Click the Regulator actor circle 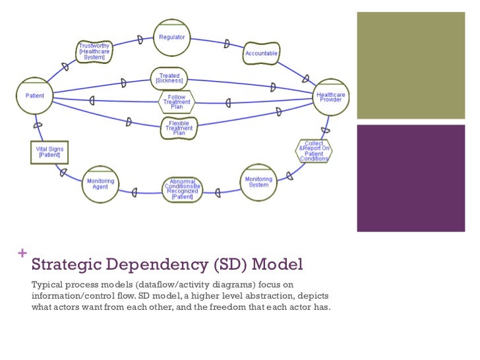[x=172, y=38]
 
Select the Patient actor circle [x=35, y=96]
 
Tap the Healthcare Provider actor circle [x=330, y=97]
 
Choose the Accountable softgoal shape [x=262, y=53]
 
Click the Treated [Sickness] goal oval [x=169, y=78]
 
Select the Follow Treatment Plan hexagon [x=177, y=102]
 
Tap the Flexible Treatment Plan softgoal [x=179, y=128]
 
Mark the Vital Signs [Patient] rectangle [x=49, y=153]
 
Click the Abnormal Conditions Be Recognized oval [x=182, y=190]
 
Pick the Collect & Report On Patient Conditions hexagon [x=313, y=151]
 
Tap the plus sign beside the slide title [x=24, y=253]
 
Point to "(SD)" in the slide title [x=231, y=266]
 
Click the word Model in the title [x=278, y=265]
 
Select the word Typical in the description [x=49, y=284]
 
